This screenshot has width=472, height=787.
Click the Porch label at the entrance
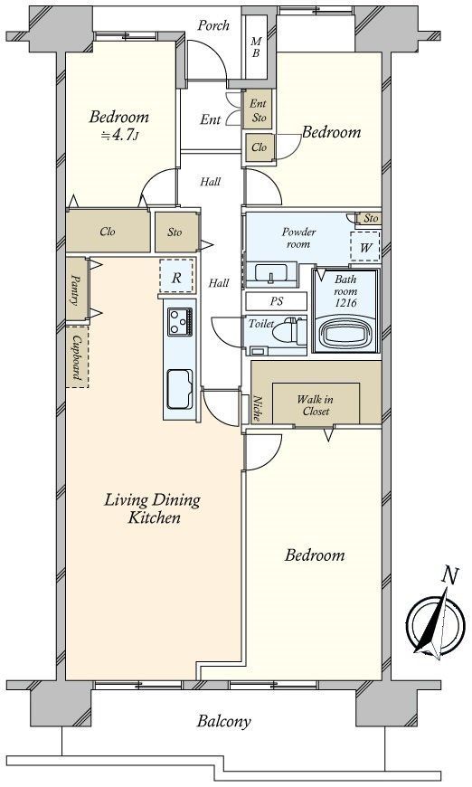[213, 26]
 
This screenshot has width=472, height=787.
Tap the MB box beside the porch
[256, 47]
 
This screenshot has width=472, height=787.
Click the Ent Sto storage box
[259, 111]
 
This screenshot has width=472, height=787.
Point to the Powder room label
[297, 238]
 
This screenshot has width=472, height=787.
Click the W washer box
[365, 247]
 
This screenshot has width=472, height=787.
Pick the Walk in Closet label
[316, 404]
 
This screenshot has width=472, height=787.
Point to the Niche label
[258, 409]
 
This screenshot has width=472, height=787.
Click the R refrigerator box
[176, 278]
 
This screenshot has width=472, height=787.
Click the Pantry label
[76, 289]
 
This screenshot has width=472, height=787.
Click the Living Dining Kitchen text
[152, 508]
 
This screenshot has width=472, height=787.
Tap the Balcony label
[223, 721]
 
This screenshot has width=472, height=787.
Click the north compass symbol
[432, 624]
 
